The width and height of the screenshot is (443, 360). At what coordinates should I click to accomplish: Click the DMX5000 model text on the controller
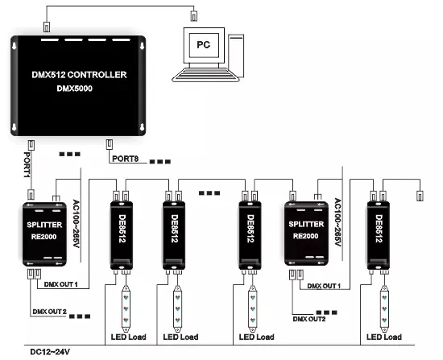click(75, 89)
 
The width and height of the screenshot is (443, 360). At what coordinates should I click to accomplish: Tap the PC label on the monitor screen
click(204, 44)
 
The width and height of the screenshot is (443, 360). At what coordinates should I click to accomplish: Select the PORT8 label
click(125, 159)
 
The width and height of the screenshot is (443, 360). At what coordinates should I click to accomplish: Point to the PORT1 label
click(27, 165)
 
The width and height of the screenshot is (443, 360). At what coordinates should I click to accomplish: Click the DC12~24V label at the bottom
click(50, 352)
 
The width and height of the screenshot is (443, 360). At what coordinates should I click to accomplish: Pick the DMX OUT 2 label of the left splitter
click(49, 312)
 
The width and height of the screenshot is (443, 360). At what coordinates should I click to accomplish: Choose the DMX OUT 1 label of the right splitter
click(324, 286)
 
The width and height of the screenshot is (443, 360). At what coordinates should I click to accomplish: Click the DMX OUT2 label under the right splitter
click(309, 319)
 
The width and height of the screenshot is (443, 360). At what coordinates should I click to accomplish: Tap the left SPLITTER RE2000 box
click(44, 234)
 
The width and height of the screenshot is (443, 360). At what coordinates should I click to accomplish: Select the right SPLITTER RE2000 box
click(306, 234)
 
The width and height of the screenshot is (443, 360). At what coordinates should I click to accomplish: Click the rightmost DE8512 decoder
click(379, 235)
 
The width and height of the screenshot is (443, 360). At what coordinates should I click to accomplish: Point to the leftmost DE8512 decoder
click(122, 235)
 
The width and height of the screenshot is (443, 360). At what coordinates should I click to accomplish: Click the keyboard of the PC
click(205, 75)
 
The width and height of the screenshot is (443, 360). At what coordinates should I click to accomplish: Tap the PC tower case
click(236, 56)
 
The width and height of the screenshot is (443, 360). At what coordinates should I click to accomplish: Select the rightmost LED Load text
click(384, 337)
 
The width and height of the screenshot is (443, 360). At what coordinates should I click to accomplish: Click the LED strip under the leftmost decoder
click(126, 308)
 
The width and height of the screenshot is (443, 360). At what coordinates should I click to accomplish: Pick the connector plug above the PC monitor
click(193, 16)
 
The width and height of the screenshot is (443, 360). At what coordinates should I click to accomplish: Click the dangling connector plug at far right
click(420, 196)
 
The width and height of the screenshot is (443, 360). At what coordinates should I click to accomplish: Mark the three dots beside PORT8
click(160, 162)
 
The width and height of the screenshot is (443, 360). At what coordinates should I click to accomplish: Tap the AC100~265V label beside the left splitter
click(76, 224)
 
